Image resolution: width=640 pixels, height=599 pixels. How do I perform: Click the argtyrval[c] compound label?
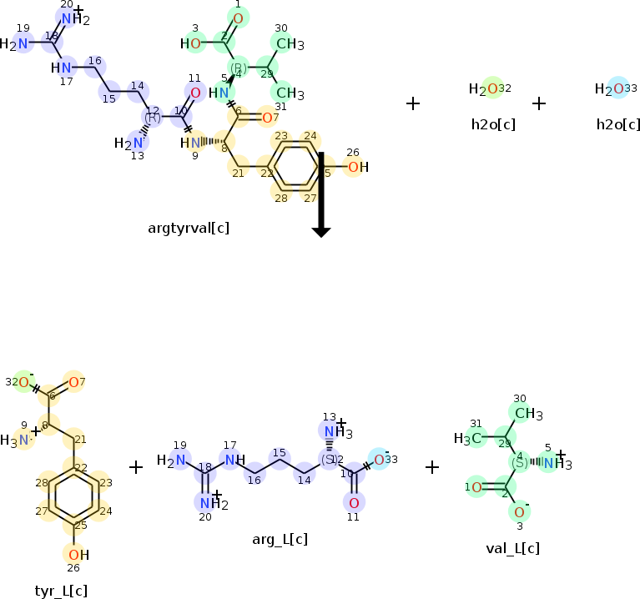pyautogui.click(x=189, y=227)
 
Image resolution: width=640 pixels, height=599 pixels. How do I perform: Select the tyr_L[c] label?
pyautogui.click(x=61, y=591)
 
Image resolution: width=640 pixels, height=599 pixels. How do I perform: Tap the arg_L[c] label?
pyautogui.click(x=280, y=539)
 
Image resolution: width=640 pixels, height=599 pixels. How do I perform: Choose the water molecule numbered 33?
pyautogui.click(x=616, y=88)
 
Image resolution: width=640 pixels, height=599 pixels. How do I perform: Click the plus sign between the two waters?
pyautogui.click(x=539, y=103)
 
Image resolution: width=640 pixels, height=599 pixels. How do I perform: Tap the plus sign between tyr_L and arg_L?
pyautogui.click(x=136, y=467)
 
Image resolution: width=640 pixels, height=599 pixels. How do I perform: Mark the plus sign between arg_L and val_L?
pyautogui.click(x=432, y=467)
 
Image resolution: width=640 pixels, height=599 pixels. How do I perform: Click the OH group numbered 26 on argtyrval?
pyautogui.click(x=356, y=168)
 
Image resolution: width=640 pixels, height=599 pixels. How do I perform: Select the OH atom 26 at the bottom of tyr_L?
pyautogui.click(x=75, y=555)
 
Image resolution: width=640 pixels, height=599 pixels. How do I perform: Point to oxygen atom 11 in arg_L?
pyautogui.click(x=354, y=501)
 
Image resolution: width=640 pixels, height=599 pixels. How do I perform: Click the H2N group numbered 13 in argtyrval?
pyautogui.click(x=126, y=143)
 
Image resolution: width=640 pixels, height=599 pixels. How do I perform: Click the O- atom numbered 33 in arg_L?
pyautogui.click(x=380, y=460)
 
